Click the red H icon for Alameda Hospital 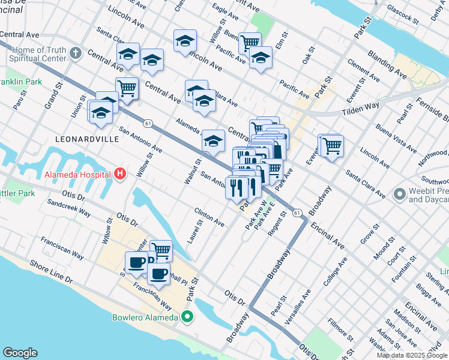pyautogui.click(x=120, y=175)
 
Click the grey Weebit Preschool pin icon pyautogui.click(x=399, y=194)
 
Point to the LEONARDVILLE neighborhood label pyautogui.click(x=86, y=139)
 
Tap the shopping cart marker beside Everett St pyautogui.click(x=331, y=145)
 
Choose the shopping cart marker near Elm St pyautogui.click(x=250, y=42)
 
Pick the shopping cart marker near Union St pyautogui.click(x=127, y=88)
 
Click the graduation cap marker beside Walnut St pyautogui.click(x=213, y=141)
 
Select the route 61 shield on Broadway pyautogui.click(x=297, y=212)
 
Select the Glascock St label pyautogui.click(x=402, y=13)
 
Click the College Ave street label pyautogui.click(x=334, y=271)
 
